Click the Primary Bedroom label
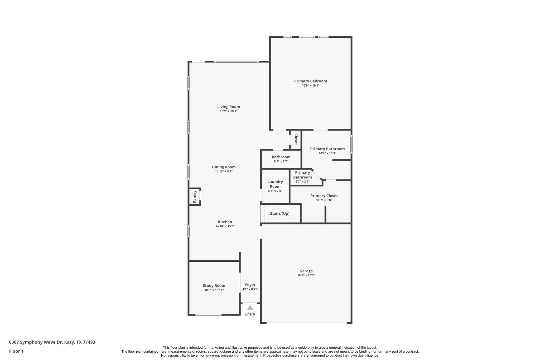coord(310,81)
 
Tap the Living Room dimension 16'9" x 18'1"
coord(229,111)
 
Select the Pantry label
coord(195,196)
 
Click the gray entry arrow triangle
coord(250,308)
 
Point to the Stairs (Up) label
coord(280,213)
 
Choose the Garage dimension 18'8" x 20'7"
coord(306,275)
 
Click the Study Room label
coord(214,285)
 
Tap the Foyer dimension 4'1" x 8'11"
coord(250,289)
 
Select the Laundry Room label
coord(275,184)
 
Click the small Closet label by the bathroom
coord(296,139)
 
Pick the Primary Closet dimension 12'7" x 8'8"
coord(324,200)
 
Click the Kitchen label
coord(225,222)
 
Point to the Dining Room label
coord(224,167)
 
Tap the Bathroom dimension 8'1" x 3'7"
coord(281,161)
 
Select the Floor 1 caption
coord(16,351)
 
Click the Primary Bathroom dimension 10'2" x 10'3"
coord(327,153)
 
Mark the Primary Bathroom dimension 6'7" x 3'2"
coord(302,182)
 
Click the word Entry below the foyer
coord(250,314)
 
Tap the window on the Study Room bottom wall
coord(208,315)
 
